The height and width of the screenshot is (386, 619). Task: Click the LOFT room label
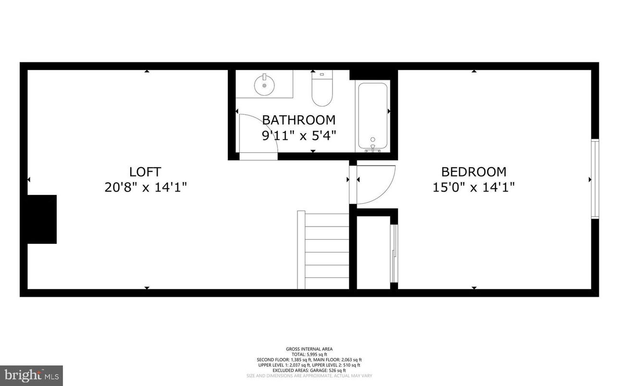[x=145, y=171]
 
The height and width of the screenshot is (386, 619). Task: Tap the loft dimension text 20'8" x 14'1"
[x=145, y=187]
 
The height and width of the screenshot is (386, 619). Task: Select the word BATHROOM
[x=298, y=120]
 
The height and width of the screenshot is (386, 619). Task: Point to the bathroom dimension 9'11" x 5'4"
[x=298, y=135]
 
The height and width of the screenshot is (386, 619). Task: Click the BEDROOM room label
[x=473, y=171]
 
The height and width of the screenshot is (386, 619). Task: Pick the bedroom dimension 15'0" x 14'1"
[x=473, y=187]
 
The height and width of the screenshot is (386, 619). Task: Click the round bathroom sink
[x=264, y=84]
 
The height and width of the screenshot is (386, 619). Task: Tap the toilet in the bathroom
[x=322, y=90]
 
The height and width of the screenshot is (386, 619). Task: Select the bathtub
[x=372, y=115]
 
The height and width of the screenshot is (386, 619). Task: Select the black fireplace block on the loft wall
[x=42, y=219]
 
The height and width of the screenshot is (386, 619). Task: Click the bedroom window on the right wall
[x=595, y=179]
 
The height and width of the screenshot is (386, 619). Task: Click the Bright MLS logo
[x=31, y=374]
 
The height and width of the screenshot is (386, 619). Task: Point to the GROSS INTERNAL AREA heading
[x=309, y=349]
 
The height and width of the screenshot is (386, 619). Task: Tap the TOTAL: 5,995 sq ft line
[x=309, y=354]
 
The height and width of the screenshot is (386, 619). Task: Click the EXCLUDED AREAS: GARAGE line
[x=309, y=370]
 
